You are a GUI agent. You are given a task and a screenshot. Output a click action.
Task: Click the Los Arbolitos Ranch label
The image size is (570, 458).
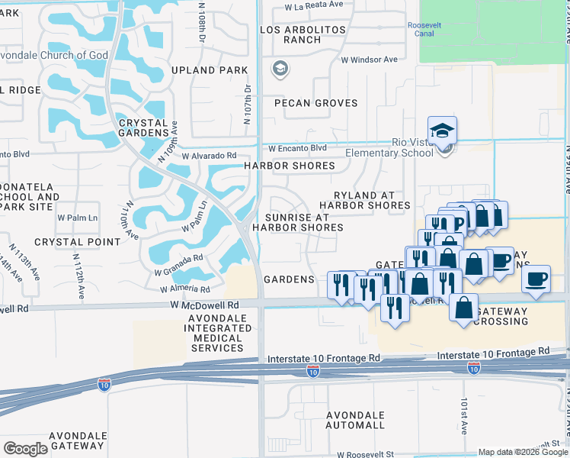(x=303, y=35)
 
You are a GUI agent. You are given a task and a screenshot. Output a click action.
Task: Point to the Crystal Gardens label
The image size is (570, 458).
(x=143, y=127)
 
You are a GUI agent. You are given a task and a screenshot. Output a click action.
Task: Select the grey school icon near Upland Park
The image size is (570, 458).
(x=280, y=69)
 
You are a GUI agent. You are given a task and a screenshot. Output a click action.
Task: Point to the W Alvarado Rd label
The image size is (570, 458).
(x=208, y=155)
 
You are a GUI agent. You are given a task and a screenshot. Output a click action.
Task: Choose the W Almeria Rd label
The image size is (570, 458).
(x=184, y=289)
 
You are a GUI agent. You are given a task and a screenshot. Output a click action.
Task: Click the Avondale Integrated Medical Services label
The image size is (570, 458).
(x=217, y=333)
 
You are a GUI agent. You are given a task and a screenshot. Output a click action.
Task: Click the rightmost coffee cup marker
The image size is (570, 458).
(x=536, y=279)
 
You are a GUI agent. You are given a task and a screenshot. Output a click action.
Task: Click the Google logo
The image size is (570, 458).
(x=26, y=448)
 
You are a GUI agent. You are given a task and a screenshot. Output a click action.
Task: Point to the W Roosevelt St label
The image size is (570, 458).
(x=367, y=453)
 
